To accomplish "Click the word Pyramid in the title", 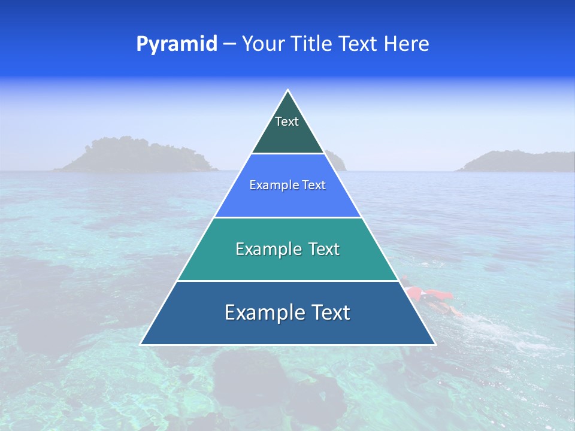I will [177, 44].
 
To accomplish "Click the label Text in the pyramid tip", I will [287, 122].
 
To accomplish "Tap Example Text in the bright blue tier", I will [287, 185].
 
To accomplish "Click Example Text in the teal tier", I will [287, 249].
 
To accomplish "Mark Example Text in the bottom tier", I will [287, 312].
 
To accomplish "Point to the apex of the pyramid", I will [288, 91].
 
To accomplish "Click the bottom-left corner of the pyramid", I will [141, 344].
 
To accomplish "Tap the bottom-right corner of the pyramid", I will [434, 344].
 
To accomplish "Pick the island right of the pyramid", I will [515, 162].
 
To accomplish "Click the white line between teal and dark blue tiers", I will [287, 281].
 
